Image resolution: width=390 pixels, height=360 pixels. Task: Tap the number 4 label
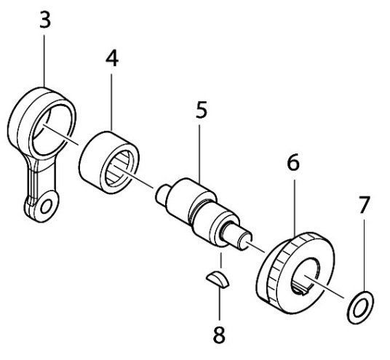(111, 59)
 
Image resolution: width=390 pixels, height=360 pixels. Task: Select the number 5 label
(202, 111)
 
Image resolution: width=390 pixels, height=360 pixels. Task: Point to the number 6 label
(293, 163)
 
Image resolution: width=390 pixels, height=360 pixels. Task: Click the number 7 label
(365, 206)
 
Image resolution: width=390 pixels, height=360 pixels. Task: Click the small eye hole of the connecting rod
(47, 207)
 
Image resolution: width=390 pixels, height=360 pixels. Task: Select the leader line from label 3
(46, 58)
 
